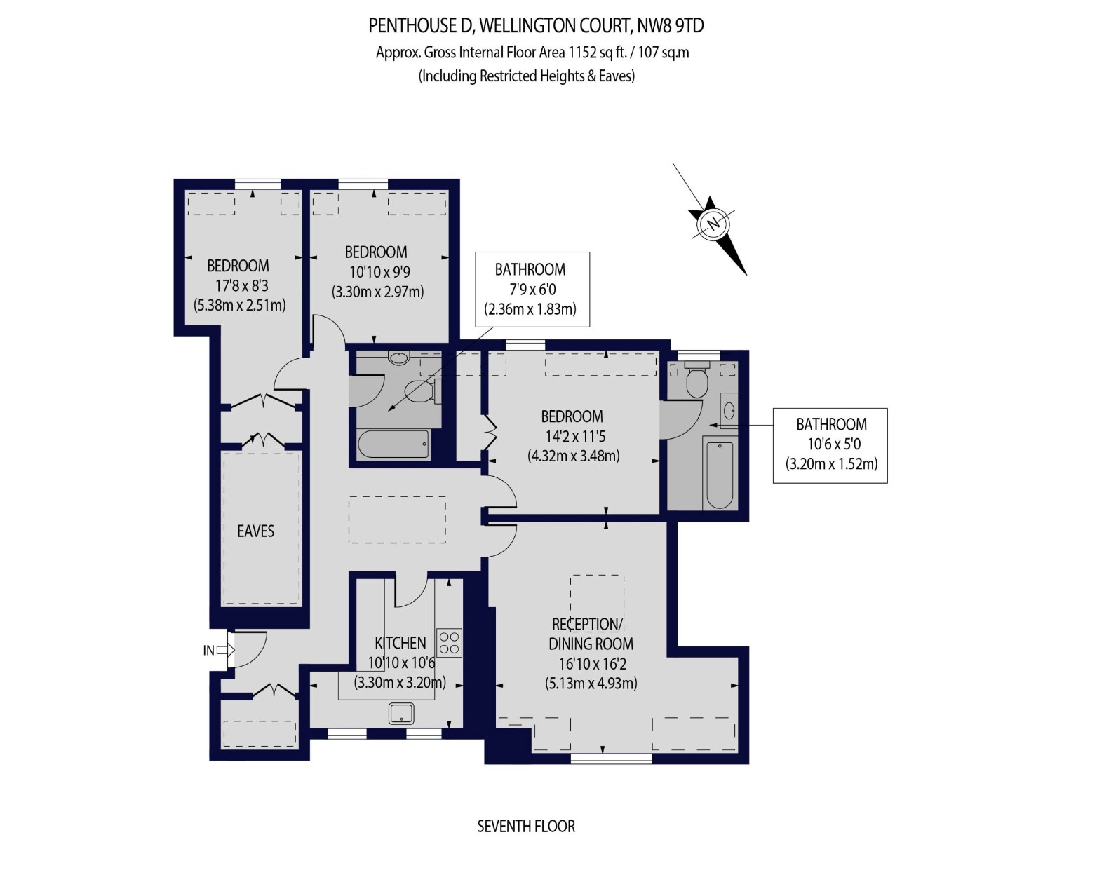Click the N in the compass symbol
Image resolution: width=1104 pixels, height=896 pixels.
point(714,224)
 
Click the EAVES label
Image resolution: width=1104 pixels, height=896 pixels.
point(255,531)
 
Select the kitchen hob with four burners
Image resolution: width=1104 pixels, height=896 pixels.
point(449,643)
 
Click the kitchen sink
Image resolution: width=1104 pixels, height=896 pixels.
point(401,713)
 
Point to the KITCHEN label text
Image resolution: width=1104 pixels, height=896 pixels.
point(400,644)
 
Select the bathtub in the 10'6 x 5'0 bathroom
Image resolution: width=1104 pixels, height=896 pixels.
point(720,475)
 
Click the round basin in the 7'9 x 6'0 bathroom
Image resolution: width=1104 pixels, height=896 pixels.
point(398,358)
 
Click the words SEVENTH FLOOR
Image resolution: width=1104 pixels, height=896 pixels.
point(526,826)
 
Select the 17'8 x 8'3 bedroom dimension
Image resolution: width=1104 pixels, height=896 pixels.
point(242,285)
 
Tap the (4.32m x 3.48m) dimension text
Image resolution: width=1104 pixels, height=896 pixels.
point(574,456)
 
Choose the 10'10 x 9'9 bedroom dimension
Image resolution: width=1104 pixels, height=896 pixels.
point(378,272)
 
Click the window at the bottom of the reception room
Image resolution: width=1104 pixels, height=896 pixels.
point(612,759)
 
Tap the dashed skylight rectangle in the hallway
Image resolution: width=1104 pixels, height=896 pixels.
point(397,520)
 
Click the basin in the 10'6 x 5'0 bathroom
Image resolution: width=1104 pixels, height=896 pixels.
point(729,411)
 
